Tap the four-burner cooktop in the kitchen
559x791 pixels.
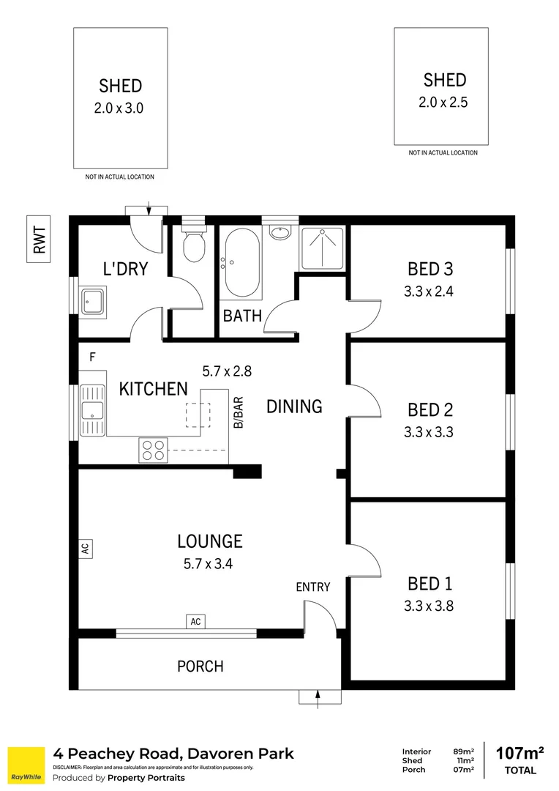click(153, 450)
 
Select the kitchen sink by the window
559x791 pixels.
click(92, 411)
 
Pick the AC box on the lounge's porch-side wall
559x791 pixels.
click(195, 622)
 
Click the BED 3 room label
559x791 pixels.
click(429, 269)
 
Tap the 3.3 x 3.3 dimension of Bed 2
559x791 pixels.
click(429, 432)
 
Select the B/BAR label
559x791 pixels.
click(238, 412)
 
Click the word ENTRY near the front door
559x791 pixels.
click(312, 587)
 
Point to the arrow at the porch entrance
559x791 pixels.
click(319, 698)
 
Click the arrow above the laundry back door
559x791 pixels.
click(149, 208)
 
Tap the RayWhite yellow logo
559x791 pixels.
click(25, 765)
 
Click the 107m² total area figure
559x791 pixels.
click(519, 752)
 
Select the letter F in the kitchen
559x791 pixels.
click(92, 357)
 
